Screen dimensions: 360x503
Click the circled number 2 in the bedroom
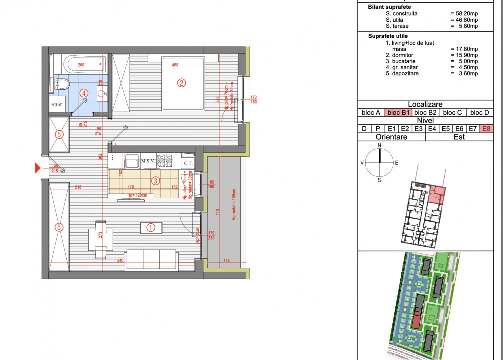(182, 83)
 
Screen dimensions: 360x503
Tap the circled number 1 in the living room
(151, 227)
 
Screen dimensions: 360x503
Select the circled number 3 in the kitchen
(156, 181)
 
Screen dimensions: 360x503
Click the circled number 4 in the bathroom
(85, 92)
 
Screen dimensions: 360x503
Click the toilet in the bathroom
(61, 85)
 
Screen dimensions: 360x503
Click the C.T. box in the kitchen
(188, 163)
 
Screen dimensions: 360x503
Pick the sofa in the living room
(151, 258)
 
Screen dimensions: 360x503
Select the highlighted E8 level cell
(486, 129)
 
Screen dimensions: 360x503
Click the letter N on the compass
(380, 145)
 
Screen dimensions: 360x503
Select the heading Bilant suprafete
(389, 7)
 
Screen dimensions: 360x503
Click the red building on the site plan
(416, 318)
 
